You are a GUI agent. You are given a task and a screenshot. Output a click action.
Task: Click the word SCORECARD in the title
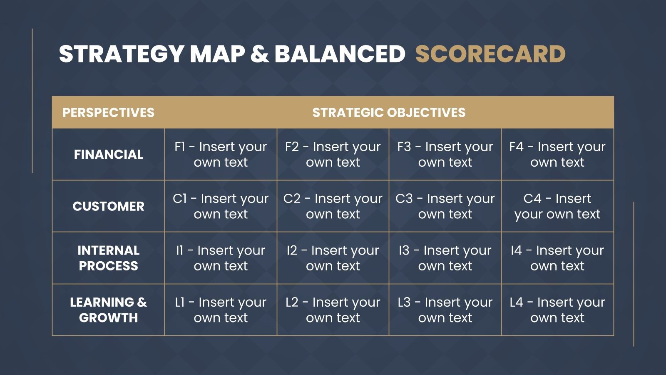[490, 54]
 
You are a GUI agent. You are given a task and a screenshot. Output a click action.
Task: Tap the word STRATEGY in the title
[121, 54]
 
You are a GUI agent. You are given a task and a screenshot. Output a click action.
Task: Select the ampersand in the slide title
[260, 54]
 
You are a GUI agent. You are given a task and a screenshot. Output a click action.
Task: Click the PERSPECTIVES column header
[109, 112]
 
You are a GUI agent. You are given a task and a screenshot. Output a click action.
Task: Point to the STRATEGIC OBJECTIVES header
[389, 112]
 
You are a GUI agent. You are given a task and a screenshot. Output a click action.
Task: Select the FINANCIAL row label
[109, 155]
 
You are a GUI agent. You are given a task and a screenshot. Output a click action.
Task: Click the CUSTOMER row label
[109, 206]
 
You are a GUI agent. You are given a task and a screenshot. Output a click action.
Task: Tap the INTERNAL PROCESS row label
[109, 258]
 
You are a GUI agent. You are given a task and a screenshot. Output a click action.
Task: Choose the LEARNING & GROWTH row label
[109, 310]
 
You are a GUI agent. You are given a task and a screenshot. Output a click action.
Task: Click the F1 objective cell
[221, 155]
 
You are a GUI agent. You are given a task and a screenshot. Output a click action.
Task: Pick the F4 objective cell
[557, 155]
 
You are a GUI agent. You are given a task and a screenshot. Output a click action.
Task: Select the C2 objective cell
[333, 206]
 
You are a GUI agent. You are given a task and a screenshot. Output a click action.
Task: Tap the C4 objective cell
[557, 206]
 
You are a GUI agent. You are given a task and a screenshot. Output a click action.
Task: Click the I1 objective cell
[221, 258]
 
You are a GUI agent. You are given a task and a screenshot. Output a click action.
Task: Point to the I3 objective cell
[445, 258]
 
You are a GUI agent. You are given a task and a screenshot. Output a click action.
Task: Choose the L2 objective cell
[333, 310]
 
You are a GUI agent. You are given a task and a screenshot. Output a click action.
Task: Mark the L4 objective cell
[557, 310]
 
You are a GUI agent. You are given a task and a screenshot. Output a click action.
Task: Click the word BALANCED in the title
[340, 54]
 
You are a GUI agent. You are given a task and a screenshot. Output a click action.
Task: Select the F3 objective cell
[445, 155]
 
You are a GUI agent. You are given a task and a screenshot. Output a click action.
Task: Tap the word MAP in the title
[217, 54]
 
